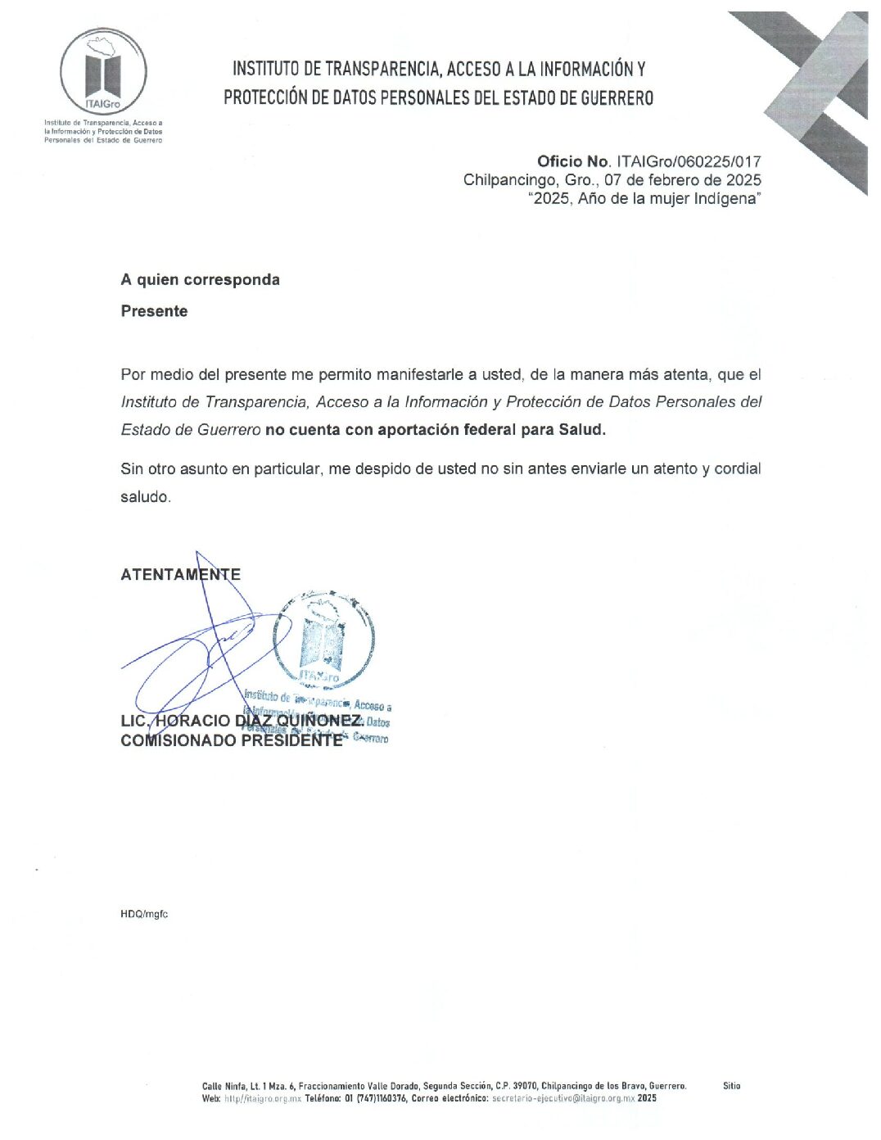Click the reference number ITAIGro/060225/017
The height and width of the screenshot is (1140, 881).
pyautogui.click(x=689, y=161)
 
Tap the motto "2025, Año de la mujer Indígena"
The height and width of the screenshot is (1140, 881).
pyautogui.click(x=644, y=199)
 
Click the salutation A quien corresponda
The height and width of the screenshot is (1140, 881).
pyautogui.click(x=200, y=280)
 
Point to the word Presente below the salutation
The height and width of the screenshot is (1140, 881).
pyautogui.click(x=154, y=311)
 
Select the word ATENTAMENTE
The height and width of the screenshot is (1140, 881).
pyautogui.click(x=180, y=574)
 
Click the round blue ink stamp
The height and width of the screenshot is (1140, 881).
pyautogui.click(x=323, y=637)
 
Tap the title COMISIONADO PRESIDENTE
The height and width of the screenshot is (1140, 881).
pyautogui.click(x=231, y=740)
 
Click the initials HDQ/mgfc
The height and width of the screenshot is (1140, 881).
pyautogui.click(x=144, y=914)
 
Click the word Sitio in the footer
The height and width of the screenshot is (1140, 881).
pyautogui.click(x=731, y=1086)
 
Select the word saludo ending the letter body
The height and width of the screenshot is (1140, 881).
pyautogui.click(x=146, y=497)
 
